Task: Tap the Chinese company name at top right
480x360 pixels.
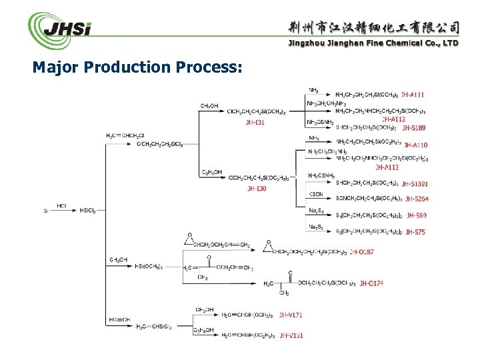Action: [x=373, y=27]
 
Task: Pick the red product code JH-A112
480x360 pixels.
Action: [x=394, y=119]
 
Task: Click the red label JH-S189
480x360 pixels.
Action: [x=413, y=127]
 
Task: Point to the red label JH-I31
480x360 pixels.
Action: [x=255, y=122]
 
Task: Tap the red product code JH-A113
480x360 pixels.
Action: [x=387, y=167]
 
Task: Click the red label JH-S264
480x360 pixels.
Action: [x=417, y=199]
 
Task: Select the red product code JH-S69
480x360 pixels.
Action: [x=416, y=215]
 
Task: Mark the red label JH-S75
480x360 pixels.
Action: [x=415, y=232]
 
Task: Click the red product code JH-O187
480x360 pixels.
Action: [x=379, y=252]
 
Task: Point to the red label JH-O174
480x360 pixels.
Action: [x=372, y=283]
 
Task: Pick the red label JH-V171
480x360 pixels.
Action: [x=291, y=314]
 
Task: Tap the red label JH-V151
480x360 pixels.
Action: [x=291, y=335]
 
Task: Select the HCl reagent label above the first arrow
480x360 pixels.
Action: [x=61, y=206]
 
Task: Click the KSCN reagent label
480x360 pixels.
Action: [x=316, y=193]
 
